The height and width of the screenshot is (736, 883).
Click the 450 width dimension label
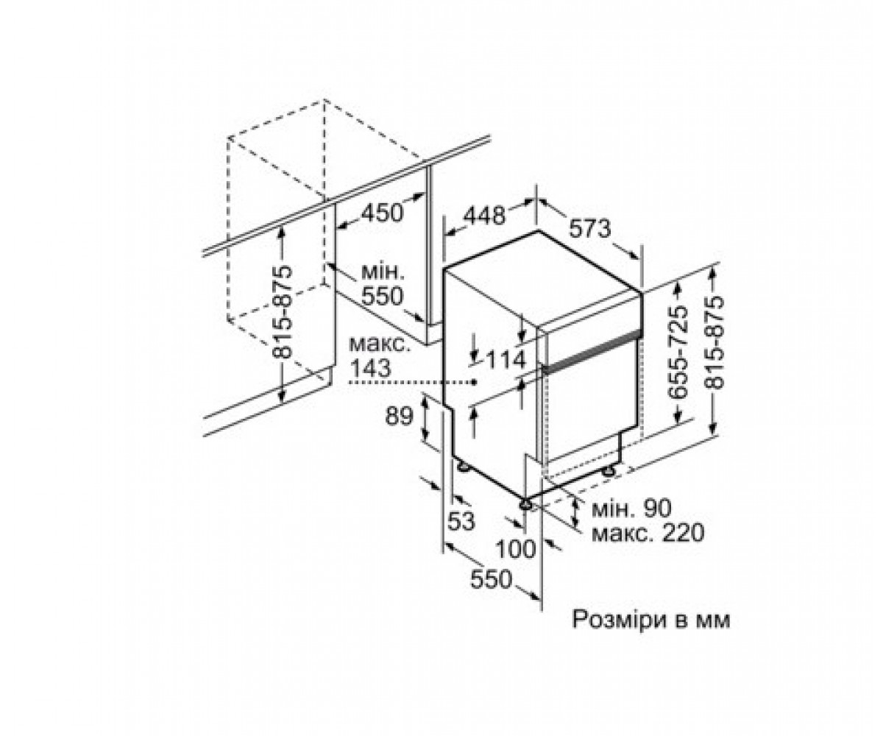[383, 213]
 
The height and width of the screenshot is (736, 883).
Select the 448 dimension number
[485, 216]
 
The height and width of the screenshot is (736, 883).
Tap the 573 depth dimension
[590, 229]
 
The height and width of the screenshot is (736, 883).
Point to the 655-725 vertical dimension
[677, 353]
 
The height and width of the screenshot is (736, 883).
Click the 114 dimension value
[506, 360]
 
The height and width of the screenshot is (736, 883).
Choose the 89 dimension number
[399, 417]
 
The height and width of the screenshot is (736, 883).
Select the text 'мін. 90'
[631, 509]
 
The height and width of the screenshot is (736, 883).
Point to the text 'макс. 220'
[648, 534]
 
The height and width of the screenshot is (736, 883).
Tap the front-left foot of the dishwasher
[525, 504]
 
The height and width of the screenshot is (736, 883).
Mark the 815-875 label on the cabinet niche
[282, 312]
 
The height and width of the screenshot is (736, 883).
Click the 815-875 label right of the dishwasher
[714, 343]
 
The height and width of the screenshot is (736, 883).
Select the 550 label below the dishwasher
[492, 579]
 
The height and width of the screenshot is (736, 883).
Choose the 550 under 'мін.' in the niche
[383, 297]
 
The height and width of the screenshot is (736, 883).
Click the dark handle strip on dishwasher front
[592, 350]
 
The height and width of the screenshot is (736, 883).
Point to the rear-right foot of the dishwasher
[609, 471]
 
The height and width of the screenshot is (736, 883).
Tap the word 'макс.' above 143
[380, 344]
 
